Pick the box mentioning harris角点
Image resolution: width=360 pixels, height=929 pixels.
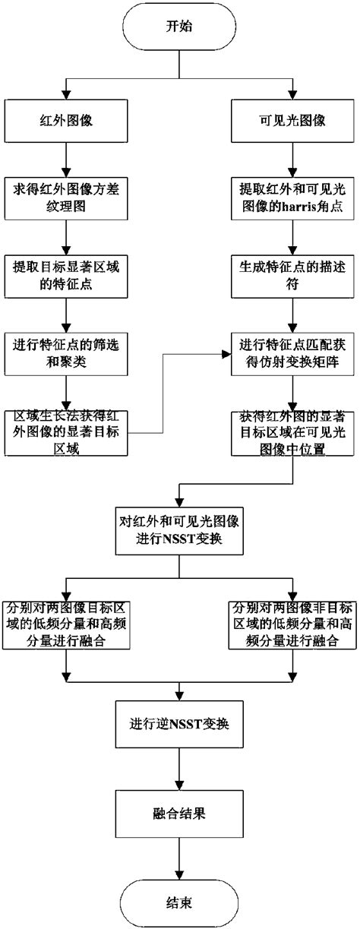(293, 195)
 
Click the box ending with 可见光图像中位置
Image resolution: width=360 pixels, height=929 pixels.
(293, 431)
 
